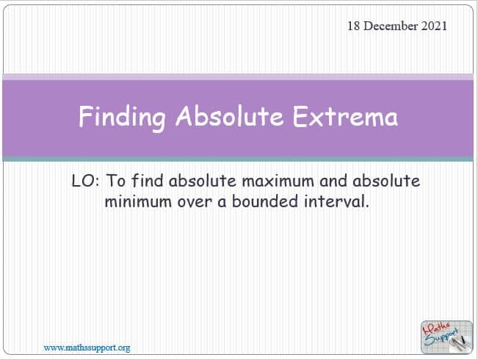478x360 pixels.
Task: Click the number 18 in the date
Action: (354, 26)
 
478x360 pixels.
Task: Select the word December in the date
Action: (391, 26)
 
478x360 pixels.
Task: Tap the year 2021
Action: (434, 26)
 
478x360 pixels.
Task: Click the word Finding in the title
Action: (122, 117)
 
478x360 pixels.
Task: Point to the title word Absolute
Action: (230, 116)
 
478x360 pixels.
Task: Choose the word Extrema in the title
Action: (345, 116)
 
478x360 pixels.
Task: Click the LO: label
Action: (85, 181)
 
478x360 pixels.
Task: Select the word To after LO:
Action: (116, 181)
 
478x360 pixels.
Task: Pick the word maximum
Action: (278, 181)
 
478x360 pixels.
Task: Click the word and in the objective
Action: (333, 181)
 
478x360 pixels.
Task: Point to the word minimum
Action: (138, 201)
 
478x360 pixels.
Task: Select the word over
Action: (195, 202)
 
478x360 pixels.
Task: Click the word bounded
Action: (265, 201)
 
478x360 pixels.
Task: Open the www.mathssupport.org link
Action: (87, 348)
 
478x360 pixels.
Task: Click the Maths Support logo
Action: (446, 336)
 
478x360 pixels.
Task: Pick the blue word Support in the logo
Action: (442, 336)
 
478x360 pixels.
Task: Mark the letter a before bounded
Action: (222, 203)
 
